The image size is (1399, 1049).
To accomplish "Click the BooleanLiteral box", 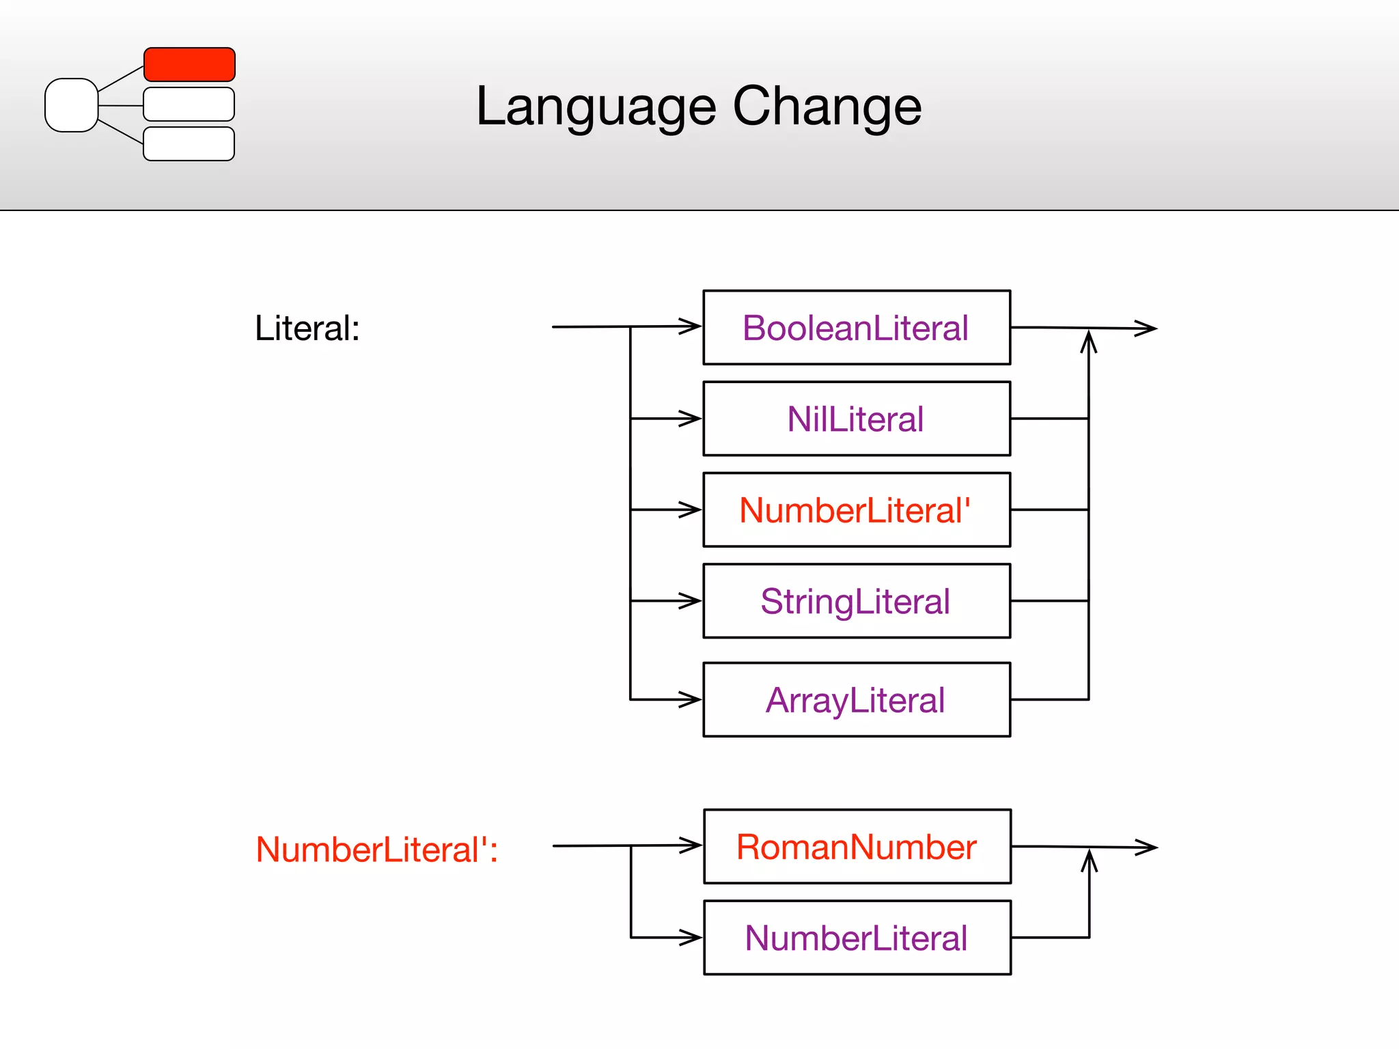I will point(857,328).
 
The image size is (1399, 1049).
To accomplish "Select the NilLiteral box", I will point(857,419).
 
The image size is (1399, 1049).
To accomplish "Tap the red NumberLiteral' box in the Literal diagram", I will point(857,510).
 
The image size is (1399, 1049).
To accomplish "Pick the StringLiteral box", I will point(857,601).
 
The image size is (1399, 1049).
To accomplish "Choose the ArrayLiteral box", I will point(857,700).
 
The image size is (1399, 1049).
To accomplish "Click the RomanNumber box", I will point(857,847).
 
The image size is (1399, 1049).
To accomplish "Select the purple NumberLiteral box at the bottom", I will point(857,938).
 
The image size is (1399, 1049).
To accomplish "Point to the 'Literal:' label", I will point(307,328).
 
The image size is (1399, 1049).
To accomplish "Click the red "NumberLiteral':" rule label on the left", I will point(376,850).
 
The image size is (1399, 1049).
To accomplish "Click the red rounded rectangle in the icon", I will point(189,64).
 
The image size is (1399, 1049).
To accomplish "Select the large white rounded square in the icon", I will point(71,105).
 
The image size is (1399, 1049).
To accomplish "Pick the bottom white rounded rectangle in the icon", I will point(189,143).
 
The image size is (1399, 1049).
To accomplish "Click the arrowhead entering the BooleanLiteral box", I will point(691,326).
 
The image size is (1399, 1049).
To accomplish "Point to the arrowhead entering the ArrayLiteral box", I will point(691,699).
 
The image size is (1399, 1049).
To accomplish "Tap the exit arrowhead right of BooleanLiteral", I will point(1146,328).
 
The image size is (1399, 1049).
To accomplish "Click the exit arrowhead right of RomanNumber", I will point(1147,848).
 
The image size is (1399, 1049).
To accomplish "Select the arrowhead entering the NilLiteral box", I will point(691,418).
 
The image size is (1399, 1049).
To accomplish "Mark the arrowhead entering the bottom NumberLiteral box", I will point(692,937).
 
